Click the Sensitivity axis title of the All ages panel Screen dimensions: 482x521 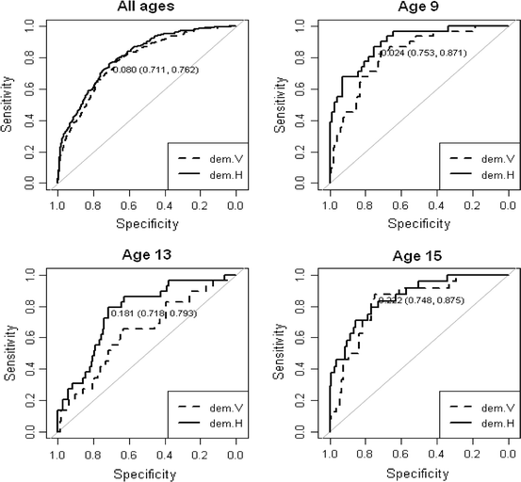pyautogui.click(x=8, y=104)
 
